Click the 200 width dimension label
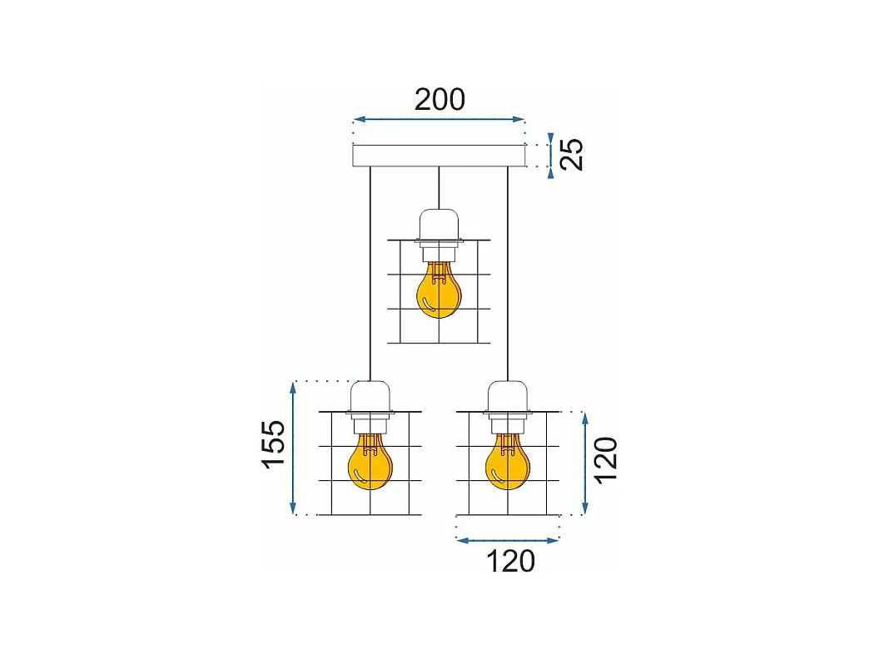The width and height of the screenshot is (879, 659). pos(439,100)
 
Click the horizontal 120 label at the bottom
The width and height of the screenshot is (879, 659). pos(509,562)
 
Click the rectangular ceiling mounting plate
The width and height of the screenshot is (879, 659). pos(439,156)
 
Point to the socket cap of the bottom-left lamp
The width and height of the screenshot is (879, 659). pos(370,396)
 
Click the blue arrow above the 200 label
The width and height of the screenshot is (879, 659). pos(439,120)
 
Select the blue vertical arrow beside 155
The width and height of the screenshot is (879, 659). pos(293,448)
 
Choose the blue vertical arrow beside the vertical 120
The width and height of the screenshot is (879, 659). pos(586,462)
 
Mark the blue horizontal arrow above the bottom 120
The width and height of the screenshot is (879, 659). pos(508,540)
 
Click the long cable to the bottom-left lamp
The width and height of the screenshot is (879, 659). pos(370,275)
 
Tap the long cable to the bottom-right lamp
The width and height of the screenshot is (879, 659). pos(507,275)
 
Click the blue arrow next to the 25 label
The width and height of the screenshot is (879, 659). pos(549,156)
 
